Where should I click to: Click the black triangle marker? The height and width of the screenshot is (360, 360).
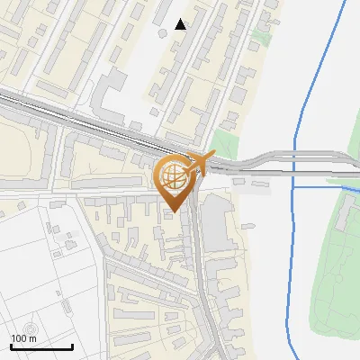tap(181, 24)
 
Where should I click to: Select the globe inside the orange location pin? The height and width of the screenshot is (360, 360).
tap(173, 175)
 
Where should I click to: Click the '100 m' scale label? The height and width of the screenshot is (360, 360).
tap(24, 338)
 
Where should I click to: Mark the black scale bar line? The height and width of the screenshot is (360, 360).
tap(41, 347)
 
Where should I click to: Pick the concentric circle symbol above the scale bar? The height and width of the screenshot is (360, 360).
tap(32, 329)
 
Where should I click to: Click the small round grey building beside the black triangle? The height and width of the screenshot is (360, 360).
tap(163, 32)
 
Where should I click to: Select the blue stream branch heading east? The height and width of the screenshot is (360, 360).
tap(324, 186)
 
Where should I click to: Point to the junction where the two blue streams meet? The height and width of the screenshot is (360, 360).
tap(295, 186)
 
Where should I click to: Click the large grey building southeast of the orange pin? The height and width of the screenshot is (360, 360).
tap(216, 220)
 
